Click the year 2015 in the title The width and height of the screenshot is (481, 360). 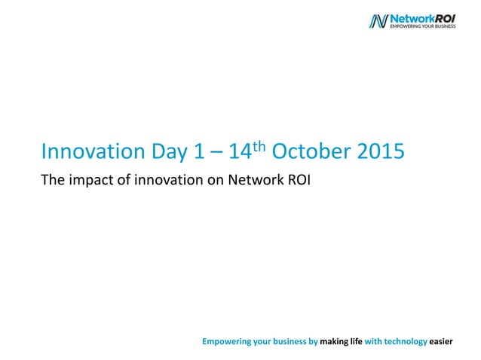click(x=375, y=153)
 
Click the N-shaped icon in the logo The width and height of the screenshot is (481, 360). click(x=378, y=21)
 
